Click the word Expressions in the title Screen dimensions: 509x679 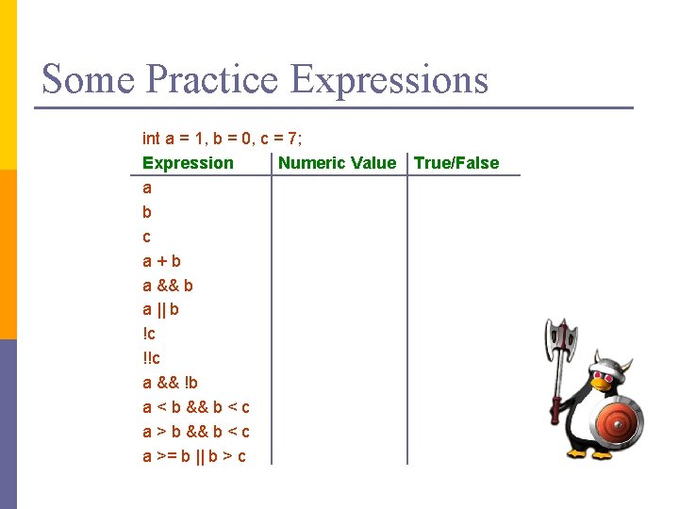[389, 79]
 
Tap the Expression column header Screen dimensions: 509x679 [188, 163]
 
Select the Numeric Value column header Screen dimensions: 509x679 [337, 163]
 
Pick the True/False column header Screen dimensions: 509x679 [456, 163]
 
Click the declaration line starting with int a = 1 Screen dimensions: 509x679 [222, 139]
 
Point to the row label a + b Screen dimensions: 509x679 [162, 261]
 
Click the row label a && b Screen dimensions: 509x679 [168, 285]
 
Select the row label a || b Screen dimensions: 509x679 [161, 309]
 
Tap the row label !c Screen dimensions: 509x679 [148, 334]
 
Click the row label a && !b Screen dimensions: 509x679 [170, 383]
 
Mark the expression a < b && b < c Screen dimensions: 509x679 [195, 407]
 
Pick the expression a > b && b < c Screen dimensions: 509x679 [195, 432]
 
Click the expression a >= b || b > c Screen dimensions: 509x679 [194, 456]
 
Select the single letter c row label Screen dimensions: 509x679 [146, 237]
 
